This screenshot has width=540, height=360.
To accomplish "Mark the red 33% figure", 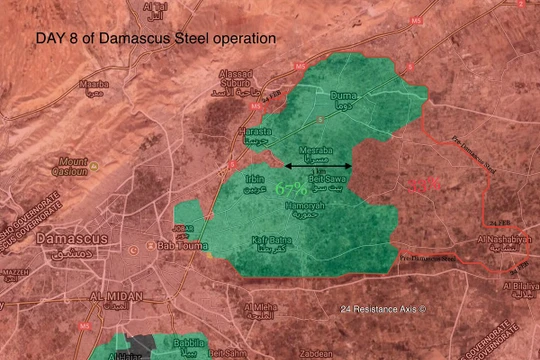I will coord(422,185).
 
